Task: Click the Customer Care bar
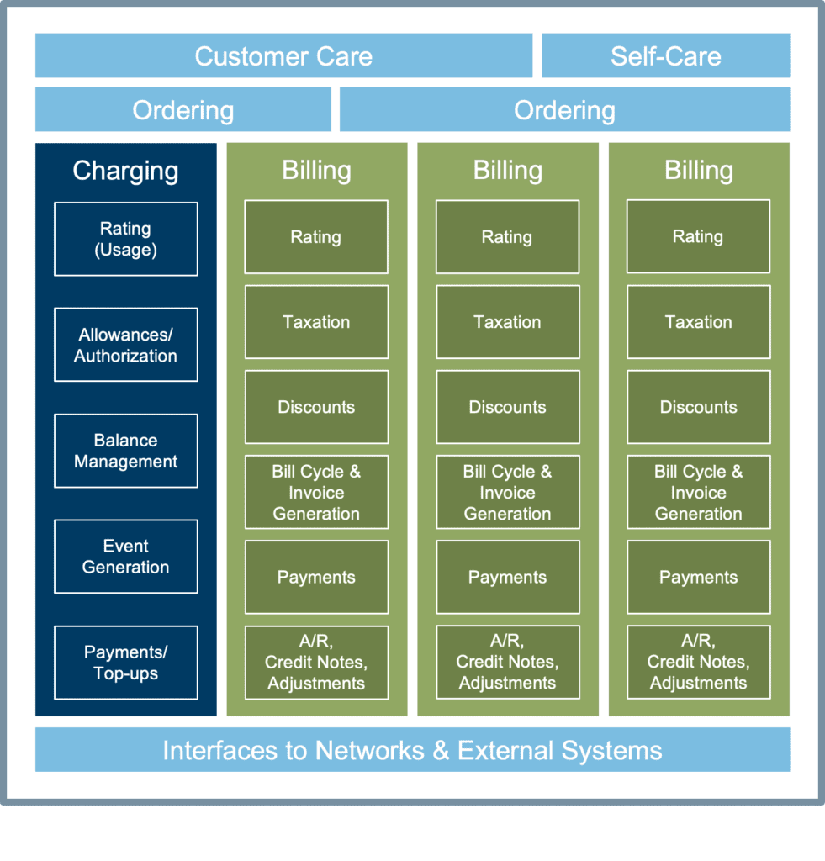(x=283, y=56)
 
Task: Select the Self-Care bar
(x=665, y=56)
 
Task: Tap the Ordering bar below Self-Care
(x=564, y=110)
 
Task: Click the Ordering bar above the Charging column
(x=182, y=110)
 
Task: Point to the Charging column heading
(x=125, y=171)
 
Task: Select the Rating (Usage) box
(x=125, y=239)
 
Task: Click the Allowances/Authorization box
(x=125, y=345)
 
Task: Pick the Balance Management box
(x=125, y=451)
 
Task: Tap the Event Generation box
(x=125, y=557)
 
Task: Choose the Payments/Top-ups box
(x=125, y=663)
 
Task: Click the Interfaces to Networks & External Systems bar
(x=412, y=750)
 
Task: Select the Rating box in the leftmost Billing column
(x=316, y=237)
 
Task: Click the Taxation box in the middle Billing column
(x=507, y=322)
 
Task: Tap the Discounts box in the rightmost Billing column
(x=698, y=407)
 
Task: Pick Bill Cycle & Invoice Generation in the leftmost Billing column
(x=316, y=493)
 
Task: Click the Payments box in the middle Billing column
(x=507, y=578)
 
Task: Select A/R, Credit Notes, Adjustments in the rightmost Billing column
(x=698, y=663)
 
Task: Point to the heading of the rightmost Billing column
(x=698, y=171)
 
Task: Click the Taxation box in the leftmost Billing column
(x=316, y=322)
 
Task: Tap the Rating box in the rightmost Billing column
(x=698, y=237)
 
